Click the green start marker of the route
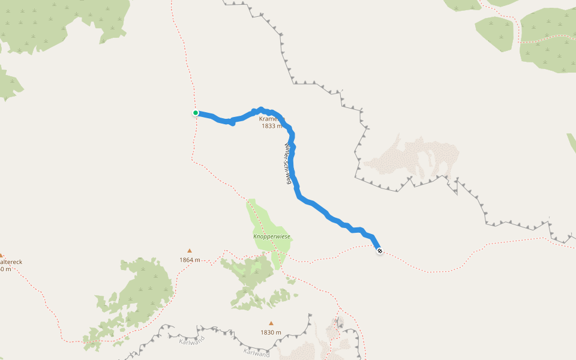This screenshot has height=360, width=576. click(x=196, y=113)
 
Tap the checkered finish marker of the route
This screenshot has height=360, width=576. click(x=380, y=251)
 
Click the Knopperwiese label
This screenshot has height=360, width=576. click(x=272, y=236)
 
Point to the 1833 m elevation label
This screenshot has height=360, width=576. click(x=272, y=126)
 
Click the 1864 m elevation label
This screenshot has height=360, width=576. click(x=190, y=260)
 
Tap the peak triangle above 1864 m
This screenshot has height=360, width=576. click(x=190, y=251)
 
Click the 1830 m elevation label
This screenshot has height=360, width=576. click(x=271, y=332)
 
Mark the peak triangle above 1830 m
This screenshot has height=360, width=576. click(x=271, y=323)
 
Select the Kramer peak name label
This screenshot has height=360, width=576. click(x=268, y=119)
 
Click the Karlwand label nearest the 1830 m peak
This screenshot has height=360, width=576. click(x=256, y=353)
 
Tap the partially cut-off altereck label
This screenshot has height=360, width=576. click(x=11, y=262)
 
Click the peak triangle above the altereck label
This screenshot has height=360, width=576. click(x=2, y=255)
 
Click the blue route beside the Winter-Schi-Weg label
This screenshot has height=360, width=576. click(x=294, y=165)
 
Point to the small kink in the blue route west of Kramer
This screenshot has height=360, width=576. click(x=232, y=122)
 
